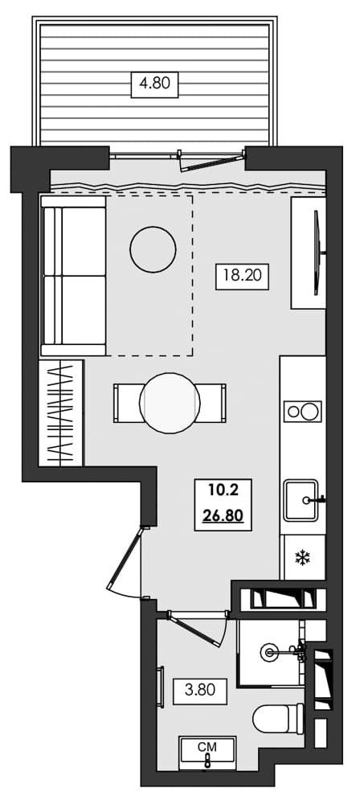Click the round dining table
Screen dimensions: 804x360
(x=170, y=403)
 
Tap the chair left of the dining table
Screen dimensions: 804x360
(x=127, y=403)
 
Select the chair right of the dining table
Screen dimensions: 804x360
(x=212, y=403)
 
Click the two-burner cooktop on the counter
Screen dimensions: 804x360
(x=302, y=412)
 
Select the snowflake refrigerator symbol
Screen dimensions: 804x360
(x=303, y=557)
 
